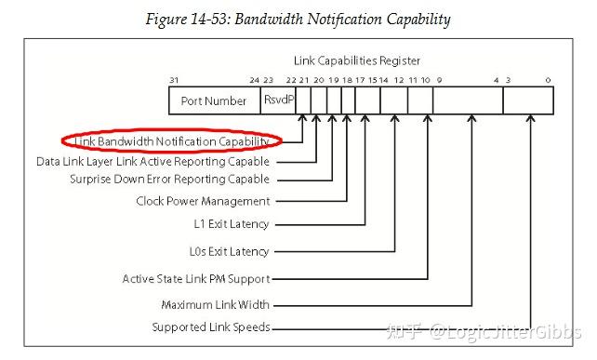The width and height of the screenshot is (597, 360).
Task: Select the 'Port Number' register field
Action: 215,100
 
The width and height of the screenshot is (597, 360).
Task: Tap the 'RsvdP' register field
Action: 278,100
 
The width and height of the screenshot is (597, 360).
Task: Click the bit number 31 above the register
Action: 174,80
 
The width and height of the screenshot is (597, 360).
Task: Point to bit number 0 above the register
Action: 550,80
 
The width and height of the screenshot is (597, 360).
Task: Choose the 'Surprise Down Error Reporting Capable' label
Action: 170,179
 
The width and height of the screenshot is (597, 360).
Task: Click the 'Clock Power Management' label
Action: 203,201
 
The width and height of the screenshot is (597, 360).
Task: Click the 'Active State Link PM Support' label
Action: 196,278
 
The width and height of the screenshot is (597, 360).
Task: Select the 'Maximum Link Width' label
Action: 216,304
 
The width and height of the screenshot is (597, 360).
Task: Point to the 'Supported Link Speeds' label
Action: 211,327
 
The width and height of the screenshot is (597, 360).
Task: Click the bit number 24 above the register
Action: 254,80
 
